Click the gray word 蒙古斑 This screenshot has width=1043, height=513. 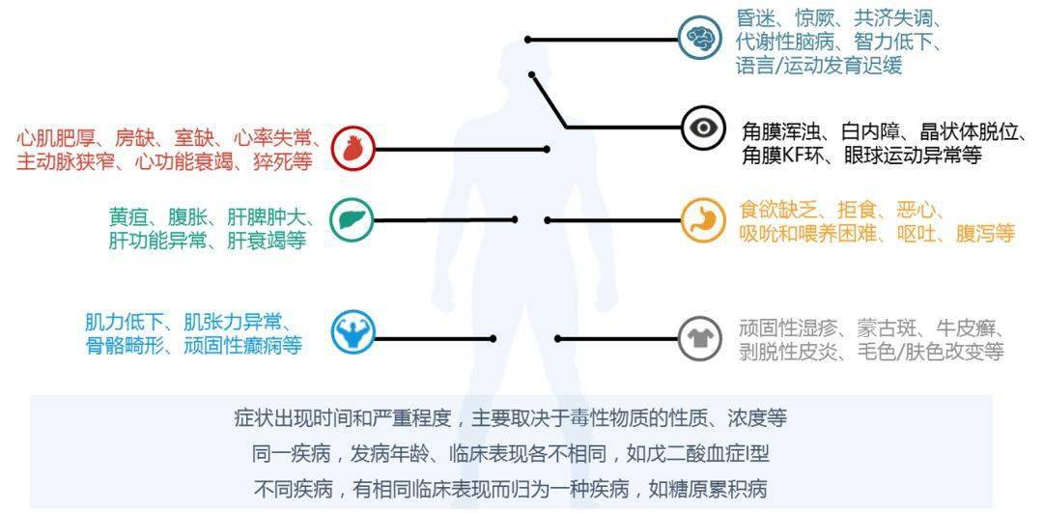tap(874, 328)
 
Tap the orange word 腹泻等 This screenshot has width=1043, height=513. tap(984, 233)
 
